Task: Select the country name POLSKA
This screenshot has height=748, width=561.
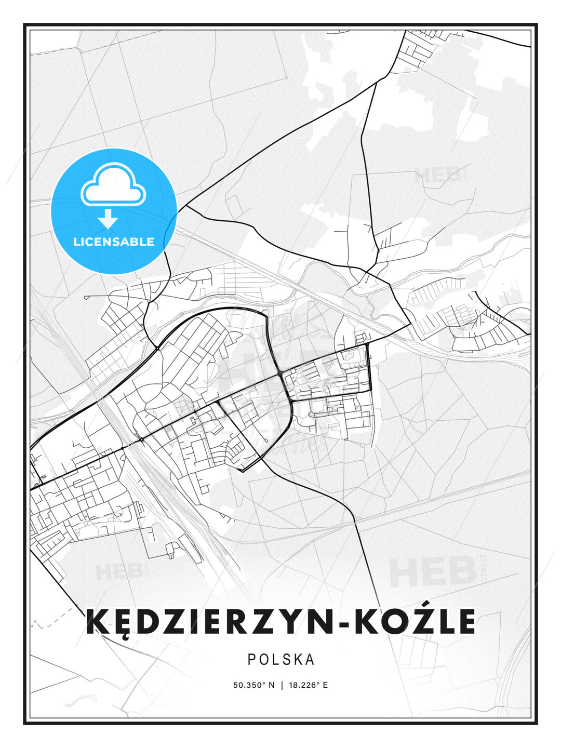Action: pyautogui.click(x=281, y=659)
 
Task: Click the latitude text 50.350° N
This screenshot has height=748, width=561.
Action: pyautogui.click(x=253, y=685)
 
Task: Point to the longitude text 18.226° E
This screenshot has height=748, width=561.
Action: pyautogui.click(x=309, y=685)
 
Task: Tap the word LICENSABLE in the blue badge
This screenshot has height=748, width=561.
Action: pyautogui.click(x=114, y=242)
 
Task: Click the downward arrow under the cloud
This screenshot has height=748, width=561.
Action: pyautogui.click(x=108, y=218)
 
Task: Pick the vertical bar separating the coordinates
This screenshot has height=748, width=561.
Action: pyautogui.click(x=282, y=685)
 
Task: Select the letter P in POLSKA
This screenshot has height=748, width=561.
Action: pyautogui.click(x=251, y=659)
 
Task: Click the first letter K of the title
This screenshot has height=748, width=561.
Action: pyautogui.click(x=97, y=622)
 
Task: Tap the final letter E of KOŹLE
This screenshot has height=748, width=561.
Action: pyautogui.click(x=465, y=622)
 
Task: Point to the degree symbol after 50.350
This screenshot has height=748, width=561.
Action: pyautogui.click(x=264, y=683)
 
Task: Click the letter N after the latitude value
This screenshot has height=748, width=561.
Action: pyautogui.click(x=271, y=685)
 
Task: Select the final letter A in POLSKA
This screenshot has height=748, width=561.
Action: pyautogui.click(x=311, y=659)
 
